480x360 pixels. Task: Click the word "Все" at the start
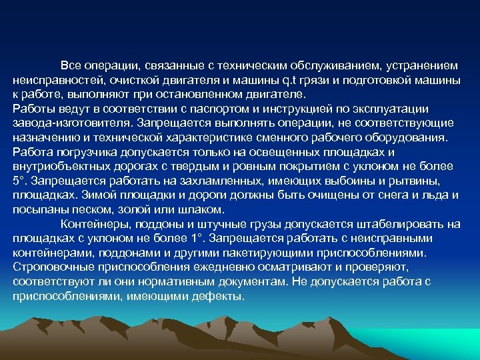coord(70,66)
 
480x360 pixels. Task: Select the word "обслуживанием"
coord(339,66)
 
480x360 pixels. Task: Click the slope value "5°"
coord(19,181)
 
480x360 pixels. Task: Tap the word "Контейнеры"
coord(93,223)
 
